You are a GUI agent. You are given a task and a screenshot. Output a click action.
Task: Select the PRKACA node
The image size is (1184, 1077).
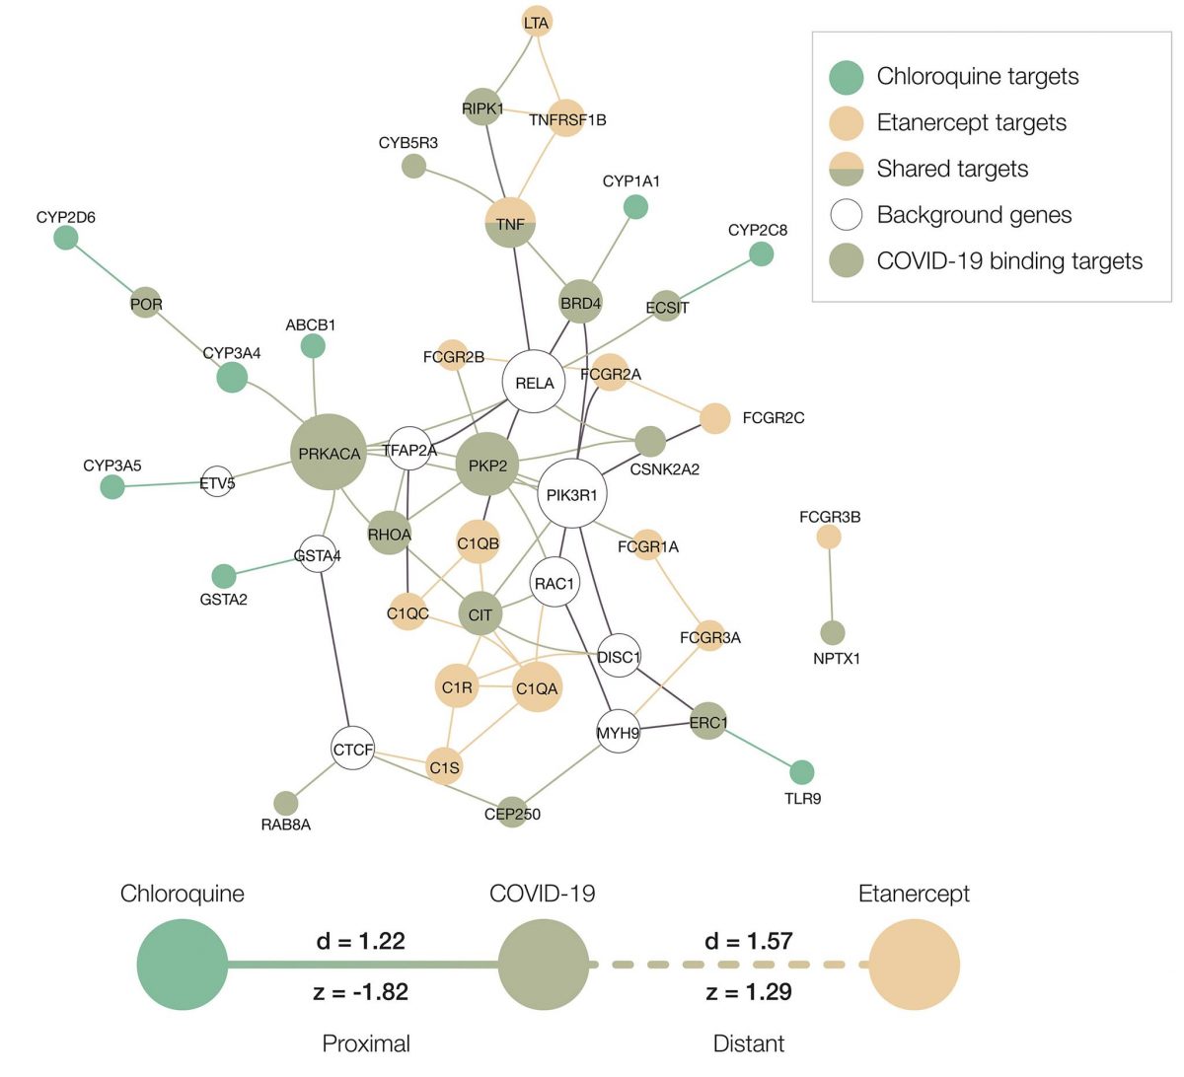(329, 453)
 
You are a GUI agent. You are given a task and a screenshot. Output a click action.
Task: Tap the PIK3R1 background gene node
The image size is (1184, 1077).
(572, 494)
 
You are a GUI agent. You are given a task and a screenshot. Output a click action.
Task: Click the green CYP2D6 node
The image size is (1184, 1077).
(66, 238)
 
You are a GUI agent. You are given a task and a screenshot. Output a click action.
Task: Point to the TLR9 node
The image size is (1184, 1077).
(802, 772)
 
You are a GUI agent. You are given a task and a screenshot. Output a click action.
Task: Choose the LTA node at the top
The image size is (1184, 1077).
(536, 22)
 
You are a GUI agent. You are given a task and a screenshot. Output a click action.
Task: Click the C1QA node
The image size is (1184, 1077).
(537, 687)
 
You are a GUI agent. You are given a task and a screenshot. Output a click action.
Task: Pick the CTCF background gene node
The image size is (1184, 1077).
(352, 750)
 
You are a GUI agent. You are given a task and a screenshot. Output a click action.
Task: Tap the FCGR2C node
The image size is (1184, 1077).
(715, 418)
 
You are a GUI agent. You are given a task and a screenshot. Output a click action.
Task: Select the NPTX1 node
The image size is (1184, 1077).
(833, 633)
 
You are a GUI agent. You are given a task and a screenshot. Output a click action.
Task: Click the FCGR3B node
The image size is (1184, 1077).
(830, 537)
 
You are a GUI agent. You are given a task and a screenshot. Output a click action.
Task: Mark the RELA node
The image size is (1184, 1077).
(534, 382)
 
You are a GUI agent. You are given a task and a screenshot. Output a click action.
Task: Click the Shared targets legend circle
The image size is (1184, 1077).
(847, 169)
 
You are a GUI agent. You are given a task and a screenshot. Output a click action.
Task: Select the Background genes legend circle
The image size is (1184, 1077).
(847, 215)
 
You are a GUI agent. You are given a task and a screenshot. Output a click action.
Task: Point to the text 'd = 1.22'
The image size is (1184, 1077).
(360, 941)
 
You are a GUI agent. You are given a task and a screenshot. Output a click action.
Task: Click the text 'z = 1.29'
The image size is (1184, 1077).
(749, 991)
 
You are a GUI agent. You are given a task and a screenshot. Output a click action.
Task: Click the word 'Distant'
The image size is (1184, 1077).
(749, 1043)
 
